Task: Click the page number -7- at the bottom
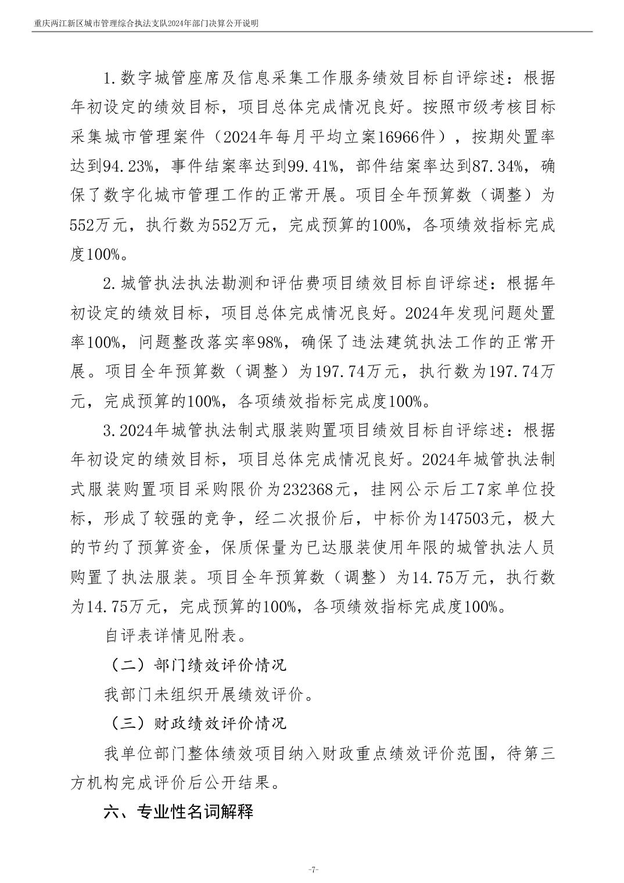[x=312, y=869]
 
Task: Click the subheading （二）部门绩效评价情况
[x=195, y=665]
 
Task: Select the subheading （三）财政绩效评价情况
[x=195, y=724]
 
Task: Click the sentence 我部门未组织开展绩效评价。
[x=207, y=694]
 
